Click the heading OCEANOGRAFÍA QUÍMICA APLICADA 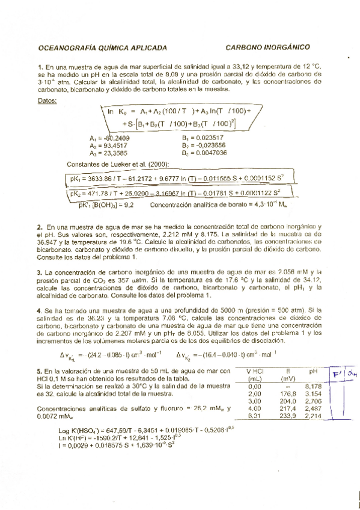(102, 46)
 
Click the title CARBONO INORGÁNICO (267, 46)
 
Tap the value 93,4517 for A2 (117, 146)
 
